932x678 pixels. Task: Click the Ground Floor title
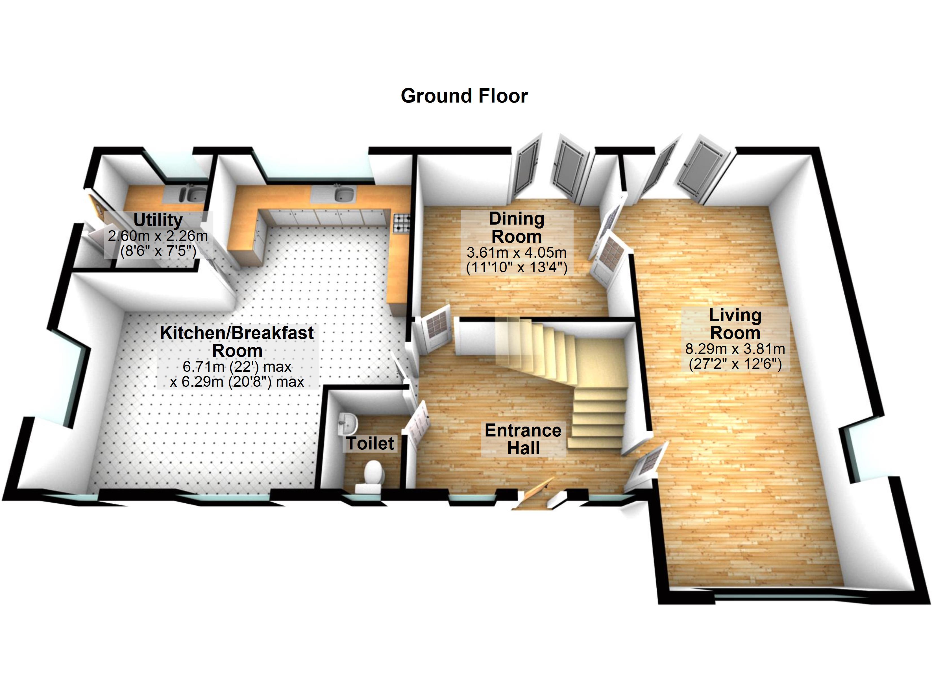coord(464,96)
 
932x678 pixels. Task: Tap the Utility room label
coord(158,220)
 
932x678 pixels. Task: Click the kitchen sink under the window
coord(343,194)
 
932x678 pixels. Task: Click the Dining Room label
coord(517,227)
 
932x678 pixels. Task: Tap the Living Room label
coord(735,324)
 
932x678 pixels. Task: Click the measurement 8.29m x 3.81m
coord(735,349)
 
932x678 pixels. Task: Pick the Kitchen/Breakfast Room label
coord(237,342)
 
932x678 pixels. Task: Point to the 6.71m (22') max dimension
coord(237,366)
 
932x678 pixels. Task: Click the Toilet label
coord(370,444)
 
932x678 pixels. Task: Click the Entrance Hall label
coord(523,439)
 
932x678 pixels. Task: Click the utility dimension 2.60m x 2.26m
coord(158,236)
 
